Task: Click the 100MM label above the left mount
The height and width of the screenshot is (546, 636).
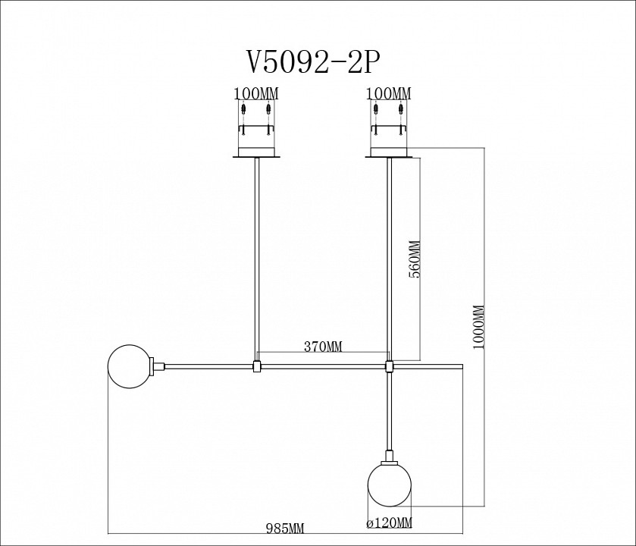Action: [x=257, y=94]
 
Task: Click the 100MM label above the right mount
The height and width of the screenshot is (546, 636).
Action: [x=388, y=94]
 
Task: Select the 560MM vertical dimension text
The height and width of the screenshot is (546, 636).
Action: [x=415, y=260]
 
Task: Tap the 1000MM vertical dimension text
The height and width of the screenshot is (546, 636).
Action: [x=478, y=327]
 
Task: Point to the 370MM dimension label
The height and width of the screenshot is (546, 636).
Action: [x=323, y=347]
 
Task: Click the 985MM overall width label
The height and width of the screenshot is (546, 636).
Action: [x=284, y=527]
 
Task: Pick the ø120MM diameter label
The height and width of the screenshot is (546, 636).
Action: [x=389, y=523]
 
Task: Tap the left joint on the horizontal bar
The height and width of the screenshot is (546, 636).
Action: [x=257, y=367]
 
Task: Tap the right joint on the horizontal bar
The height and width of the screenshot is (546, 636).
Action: [x=390, y=367]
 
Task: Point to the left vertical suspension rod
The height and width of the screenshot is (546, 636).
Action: [x=257, y=258]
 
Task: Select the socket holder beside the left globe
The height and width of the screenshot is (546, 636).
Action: [x=158, y=366]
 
